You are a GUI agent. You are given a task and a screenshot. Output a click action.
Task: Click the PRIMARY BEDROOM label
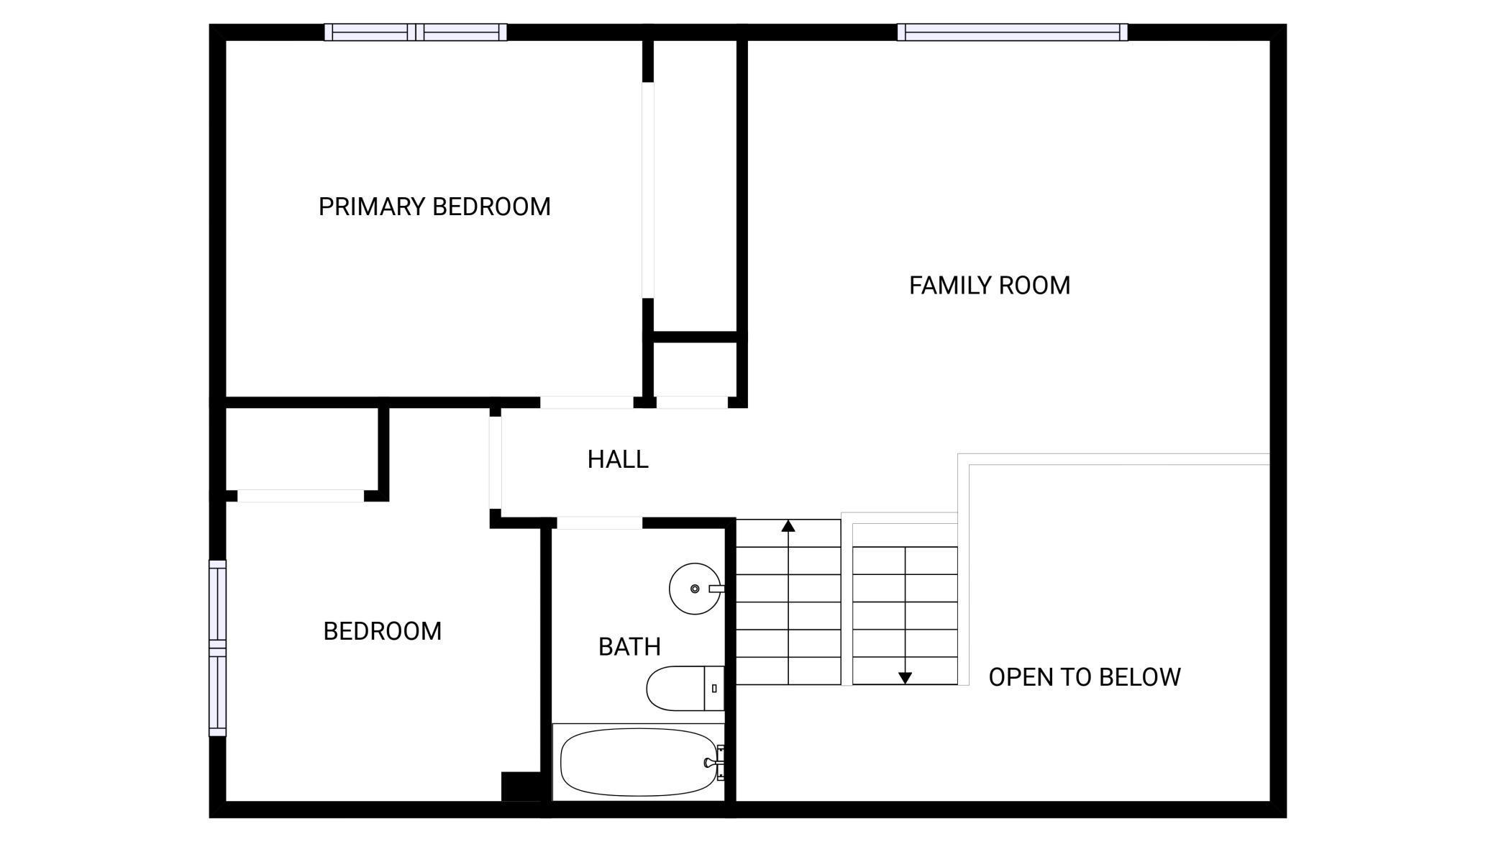[434, 207]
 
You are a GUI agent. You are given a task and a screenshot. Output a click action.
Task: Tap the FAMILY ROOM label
[990, 286]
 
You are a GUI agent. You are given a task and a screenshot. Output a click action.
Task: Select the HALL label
[618, 459]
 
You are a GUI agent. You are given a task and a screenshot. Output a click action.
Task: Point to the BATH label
[629, 647]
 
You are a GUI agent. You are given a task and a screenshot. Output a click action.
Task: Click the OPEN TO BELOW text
[1085, 677]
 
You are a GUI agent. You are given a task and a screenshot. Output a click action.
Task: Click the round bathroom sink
[695, 589]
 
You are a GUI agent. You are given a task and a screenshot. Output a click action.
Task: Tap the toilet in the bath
[685, 689]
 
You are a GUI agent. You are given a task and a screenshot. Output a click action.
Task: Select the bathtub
[639, 762]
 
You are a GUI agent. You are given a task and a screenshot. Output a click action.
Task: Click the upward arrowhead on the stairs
[788, 526]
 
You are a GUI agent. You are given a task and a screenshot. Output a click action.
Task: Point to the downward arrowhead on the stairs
[906, 678]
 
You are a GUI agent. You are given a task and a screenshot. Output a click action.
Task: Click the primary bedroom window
[416, 32]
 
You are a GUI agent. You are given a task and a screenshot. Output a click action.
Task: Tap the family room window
[1012, 32]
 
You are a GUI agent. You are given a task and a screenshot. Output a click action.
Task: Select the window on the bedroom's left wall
[217, 648]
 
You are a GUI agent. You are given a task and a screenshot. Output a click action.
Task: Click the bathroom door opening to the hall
[599, 523]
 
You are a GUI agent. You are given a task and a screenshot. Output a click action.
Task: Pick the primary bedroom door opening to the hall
[586, 402]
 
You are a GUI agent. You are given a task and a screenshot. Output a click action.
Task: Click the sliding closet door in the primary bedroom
[648, 190]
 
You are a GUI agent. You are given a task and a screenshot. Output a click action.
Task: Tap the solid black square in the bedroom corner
[521, 787]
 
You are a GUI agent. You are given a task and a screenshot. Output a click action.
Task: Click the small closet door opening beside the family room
[692, 402]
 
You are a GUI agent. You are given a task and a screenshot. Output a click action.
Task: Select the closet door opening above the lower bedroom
[301, 496]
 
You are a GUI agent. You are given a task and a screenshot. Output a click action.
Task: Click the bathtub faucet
[716, 763]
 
